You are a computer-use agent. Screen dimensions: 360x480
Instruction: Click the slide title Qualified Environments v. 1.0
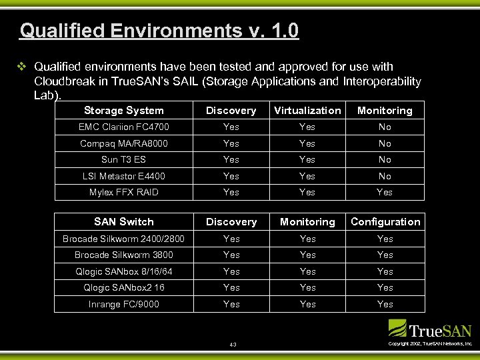159,31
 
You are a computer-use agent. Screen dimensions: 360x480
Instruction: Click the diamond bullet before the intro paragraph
21,67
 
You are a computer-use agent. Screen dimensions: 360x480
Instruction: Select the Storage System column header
124,111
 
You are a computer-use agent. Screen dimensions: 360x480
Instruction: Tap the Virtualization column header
307,111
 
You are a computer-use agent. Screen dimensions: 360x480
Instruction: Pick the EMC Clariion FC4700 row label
124,127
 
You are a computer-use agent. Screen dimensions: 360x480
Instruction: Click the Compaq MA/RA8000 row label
124,143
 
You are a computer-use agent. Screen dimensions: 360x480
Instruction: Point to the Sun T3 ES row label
124,159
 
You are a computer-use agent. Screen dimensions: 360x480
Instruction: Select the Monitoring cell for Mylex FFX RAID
385,192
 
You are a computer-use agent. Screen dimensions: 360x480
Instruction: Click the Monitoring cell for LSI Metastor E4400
385,176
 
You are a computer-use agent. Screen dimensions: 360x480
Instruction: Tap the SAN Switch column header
124,222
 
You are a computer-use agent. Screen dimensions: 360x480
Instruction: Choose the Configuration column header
385,222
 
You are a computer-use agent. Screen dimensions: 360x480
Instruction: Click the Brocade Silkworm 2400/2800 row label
124,239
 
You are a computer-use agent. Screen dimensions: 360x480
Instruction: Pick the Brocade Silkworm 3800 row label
124,255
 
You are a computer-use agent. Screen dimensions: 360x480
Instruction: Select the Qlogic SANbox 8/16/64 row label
124,271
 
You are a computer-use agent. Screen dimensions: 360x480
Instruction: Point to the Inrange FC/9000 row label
124,304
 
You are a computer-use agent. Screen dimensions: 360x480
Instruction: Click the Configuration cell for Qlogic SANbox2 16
385,287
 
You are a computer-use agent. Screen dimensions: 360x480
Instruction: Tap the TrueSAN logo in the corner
430,329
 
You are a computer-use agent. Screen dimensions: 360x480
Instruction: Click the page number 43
233,345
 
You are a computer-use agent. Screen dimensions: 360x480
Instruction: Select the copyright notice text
430,343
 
